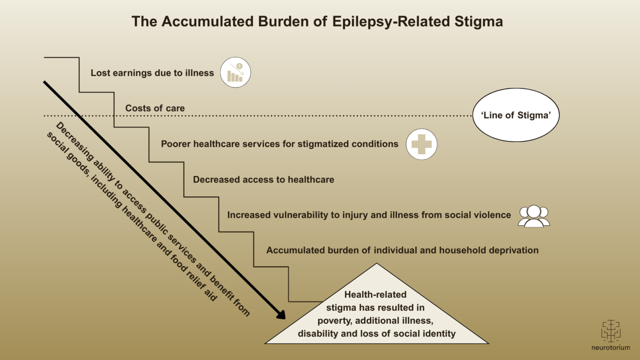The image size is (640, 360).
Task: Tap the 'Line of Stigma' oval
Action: (x=516, y=115)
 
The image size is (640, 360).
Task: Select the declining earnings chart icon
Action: (x=235, y=73)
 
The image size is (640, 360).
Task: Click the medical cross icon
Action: (x=422, y=144)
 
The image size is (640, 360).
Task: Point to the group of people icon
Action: (x=534, y=216)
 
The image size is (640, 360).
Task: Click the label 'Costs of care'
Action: (x=155, y=108)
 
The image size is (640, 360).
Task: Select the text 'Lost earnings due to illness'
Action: (x=152, y=73)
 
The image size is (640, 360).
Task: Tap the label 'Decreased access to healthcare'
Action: (x=264, y=179)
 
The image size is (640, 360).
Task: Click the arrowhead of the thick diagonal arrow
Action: (x=281, y=314)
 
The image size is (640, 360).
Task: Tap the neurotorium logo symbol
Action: (x=610, y=331)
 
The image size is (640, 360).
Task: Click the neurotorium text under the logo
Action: (x=610, y=348)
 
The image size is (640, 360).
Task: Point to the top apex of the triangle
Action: (x=376, y=264)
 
